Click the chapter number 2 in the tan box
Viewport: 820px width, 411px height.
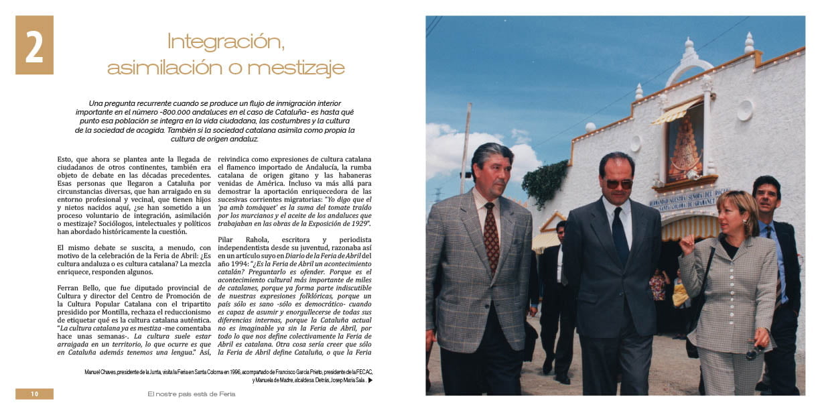pyautogui.click(x=34, y=46)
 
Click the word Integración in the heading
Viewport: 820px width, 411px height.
pyautogui.click(x=226, y=42)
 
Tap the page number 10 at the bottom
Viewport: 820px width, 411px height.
pyautogui.click(x=34, y=394)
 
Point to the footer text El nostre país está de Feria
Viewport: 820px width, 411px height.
pyautogui.click(x=192, y=394)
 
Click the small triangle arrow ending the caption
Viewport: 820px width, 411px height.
pyautogui.click(x=370, y=381)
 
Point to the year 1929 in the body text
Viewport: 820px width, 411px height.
pyautogui.click(x=357, y=223)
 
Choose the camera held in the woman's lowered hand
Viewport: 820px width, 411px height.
pyautogui.click(x=754, y=350)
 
